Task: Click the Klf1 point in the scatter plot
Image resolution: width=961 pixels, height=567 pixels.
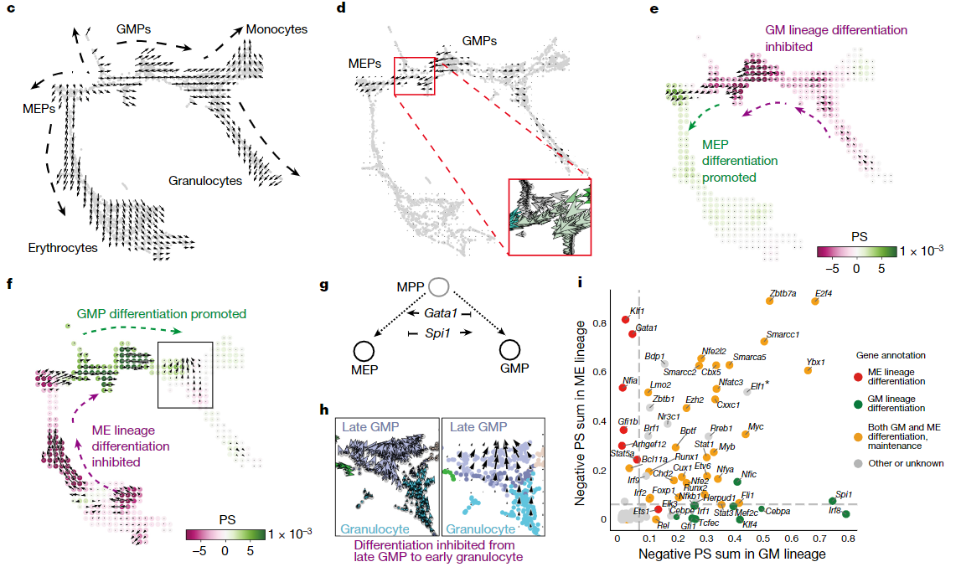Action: tap(625, 319)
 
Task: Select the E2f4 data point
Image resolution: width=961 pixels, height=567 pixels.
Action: tap(814, 301)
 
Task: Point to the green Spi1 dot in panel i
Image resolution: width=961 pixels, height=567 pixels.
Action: tap(833, 501)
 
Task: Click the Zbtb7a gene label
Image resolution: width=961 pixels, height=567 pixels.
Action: tap(782, 293)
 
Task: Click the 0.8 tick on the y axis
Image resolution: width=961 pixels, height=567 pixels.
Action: tap(601, 323)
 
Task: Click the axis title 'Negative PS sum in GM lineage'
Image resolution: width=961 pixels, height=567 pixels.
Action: tap(732, 554)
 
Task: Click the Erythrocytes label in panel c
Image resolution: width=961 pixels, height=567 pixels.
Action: tap(63, 248)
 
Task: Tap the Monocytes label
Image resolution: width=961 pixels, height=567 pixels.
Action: tap(276, 30)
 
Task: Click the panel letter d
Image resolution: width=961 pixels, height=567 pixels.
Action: tap(341, 10)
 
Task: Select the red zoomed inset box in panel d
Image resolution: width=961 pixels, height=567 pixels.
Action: tap(549, 215)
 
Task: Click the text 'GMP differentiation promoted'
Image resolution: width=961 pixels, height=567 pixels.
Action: tap(162, 314)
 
